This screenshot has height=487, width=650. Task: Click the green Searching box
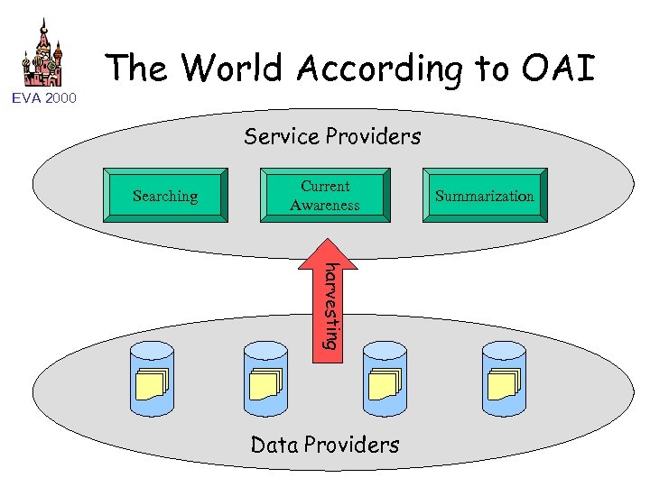(x=164, y=196)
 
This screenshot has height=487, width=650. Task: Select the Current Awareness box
(x=325, y=196)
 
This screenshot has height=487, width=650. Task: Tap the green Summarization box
(x=484, y=196)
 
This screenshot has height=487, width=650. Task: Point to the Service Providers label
(x=331, y=137)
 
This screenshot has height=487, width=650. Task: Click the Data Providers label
(x=324, y=445)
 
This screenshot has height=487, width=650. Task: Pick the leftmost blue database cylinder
(x=153, y=379)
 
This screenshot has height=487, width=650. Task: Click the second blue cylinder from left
(x=266, y=379)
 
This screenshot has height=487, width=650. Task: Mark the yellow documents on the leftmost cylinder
(x=152, y=385)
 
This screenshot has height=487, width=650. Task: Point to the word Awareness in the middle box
(x=325, y=206)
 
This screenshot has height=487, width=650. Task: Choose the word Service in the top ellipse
(x=282, y=137)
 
